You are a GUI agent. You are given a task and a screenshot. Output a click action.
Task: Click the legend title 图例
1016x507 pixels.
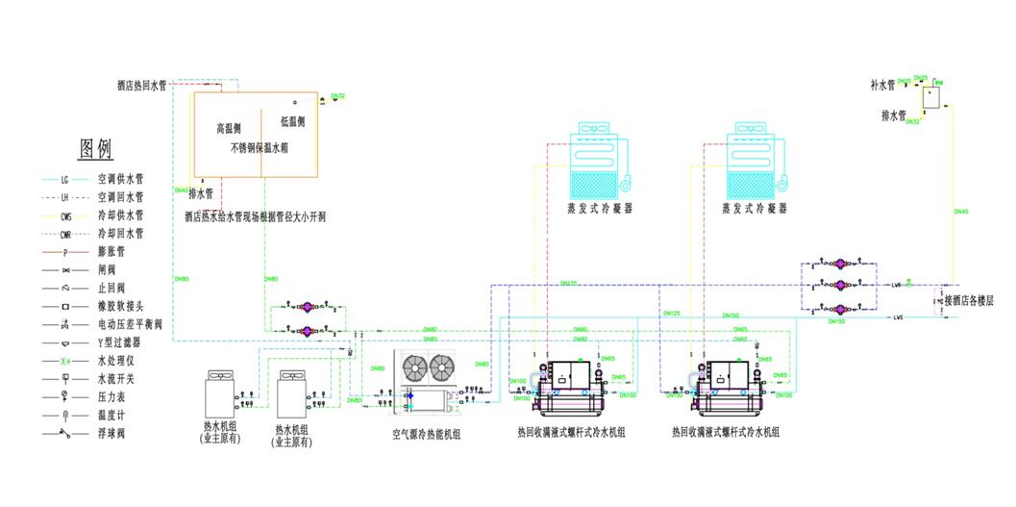95,149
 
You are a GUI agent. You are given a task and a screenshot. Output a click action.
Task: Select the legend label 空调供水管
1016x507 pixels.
120,179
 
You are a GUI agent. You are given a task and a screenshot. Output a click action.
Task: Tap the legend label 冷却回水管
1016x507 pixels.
120,234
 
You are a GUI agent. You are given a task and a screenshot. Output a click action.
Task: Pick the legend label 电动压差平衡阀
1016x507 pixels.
130,324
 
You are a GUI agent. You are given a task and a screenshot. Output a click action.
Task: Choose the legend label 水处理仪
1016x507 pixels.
116,361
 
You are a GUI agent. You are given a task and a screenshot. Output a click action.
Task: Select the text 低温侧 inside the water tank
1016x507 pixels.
292,122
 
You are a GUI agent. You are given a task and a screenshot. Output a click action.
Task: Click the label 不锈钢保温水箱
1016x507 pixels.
259,149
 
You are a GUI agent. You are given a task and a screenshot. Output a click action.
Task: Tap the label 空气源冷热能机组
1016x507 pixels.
426,435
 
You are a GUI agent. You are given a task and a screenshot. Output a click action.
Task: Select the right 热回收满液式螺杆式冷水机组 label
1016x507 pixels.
726,434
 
